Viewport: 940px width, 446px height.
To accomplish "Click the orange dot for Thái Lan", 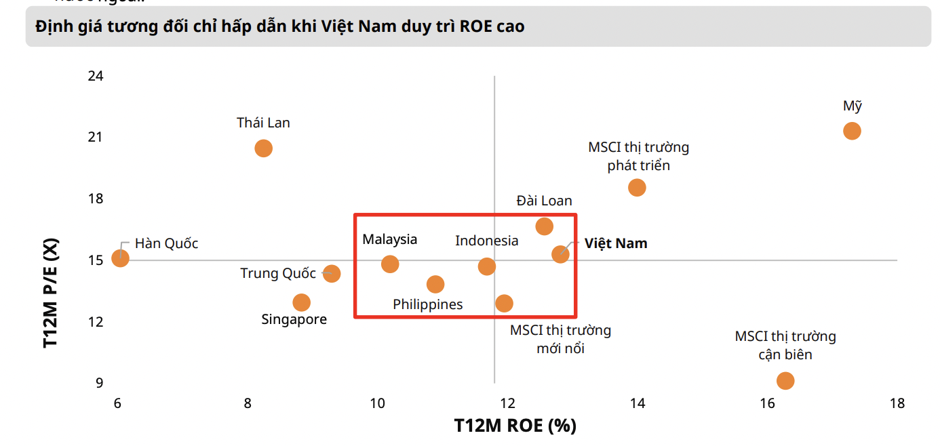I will coord(263,148).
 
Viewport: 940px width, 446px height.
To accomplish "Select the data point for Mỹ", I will coord(852,131).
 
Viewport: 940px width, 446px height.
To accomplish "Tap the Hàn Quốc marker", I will coord(120,258).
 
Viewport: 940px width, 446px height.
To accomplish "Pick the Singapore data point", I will coord(302,302).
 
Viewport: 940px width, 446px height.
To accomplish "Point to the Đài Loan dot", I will coord(544,226).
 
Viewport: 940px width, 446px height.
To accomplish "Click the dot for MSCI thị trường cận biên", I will coord(785,381).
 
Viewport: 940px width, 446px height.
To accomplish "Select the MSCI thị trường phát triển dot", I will coord(637,188).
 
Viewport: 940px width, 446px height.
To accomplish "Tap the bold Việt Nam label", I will coord(616,243).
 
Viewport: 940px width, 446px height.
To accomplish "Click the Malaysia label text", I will coord(389,239).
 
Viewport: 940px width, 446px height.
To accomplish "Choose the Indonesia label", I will coord(486,241).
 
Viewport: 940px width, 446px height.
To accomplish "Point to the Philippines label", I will coord(427,304).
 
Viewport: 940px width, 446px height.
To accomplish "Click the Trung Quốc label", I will coord(278,273).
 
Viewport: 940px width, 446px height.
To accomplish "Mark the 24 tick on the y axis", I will coord(96,76).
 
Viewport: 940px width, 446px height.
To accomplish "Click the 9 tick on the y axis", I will coord(100,383).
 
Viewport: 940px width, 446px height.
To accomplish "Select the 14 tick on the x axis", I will coord(637,403).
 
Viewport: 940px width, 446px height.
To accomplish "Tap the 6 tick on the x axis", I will coord(117,403).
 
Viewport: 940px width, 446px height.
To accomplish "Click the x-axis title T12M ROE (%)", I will coord(515,426).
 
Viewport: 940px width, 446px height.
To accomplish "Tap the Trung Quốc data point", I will coord(331,274).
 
